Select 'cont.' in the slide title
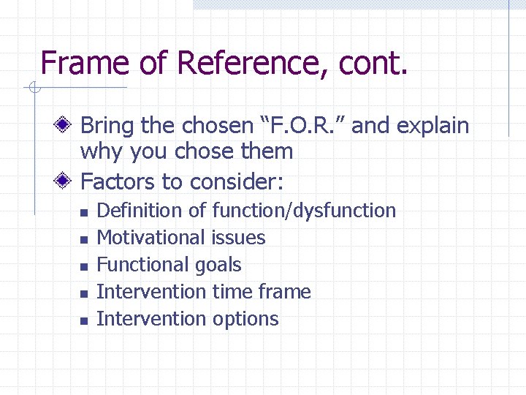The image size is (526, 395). point(373,63)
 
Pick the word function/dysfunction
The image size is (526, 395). point(304,211)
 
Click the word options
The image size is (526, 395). point(245,319)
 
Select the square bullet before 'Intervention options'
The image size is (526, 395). point(84,320)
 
